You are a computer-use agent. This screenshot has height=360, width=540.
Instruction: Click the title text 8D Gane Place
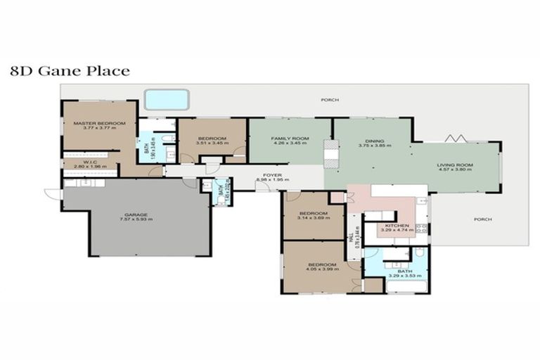point(69,71)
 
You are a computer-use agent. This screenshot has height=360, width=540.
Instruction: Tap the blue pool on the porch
point(166,100)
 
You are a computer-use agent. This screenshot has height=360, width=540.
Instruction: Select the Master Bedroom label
point(99,123)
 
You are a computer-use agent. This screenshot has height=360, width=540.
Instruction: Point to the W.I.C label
point(89,161)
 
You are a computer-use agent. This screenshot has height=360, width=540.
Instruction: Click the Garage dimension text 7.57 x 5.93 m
point(136,219)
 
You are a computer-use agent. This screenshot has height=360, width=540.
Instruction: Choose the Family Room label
point(290,139)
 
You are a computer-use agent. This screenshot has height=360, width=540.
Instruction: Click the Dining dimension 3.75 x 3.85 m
point(374,145)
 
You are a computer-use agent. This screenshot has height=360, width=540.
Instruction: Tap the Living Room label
point(456,165)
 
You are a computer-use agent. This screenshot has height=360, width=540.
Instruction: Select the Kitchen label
point(397,224)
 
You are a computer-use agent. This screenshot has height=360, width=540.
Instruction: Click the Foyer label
point(273,174)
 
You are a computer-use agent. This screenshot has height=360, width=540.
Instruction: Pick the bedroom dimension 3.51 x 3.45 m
point(212,143)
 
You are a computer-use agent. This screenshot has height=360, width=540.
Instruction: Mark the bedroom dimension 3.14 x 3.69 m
point(313,218)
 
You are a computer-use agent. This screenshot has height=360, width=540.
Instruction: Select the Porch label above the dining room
point(329,100)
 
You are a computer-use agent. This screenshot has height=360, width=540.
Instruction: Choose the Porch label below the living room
point(482,219)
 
